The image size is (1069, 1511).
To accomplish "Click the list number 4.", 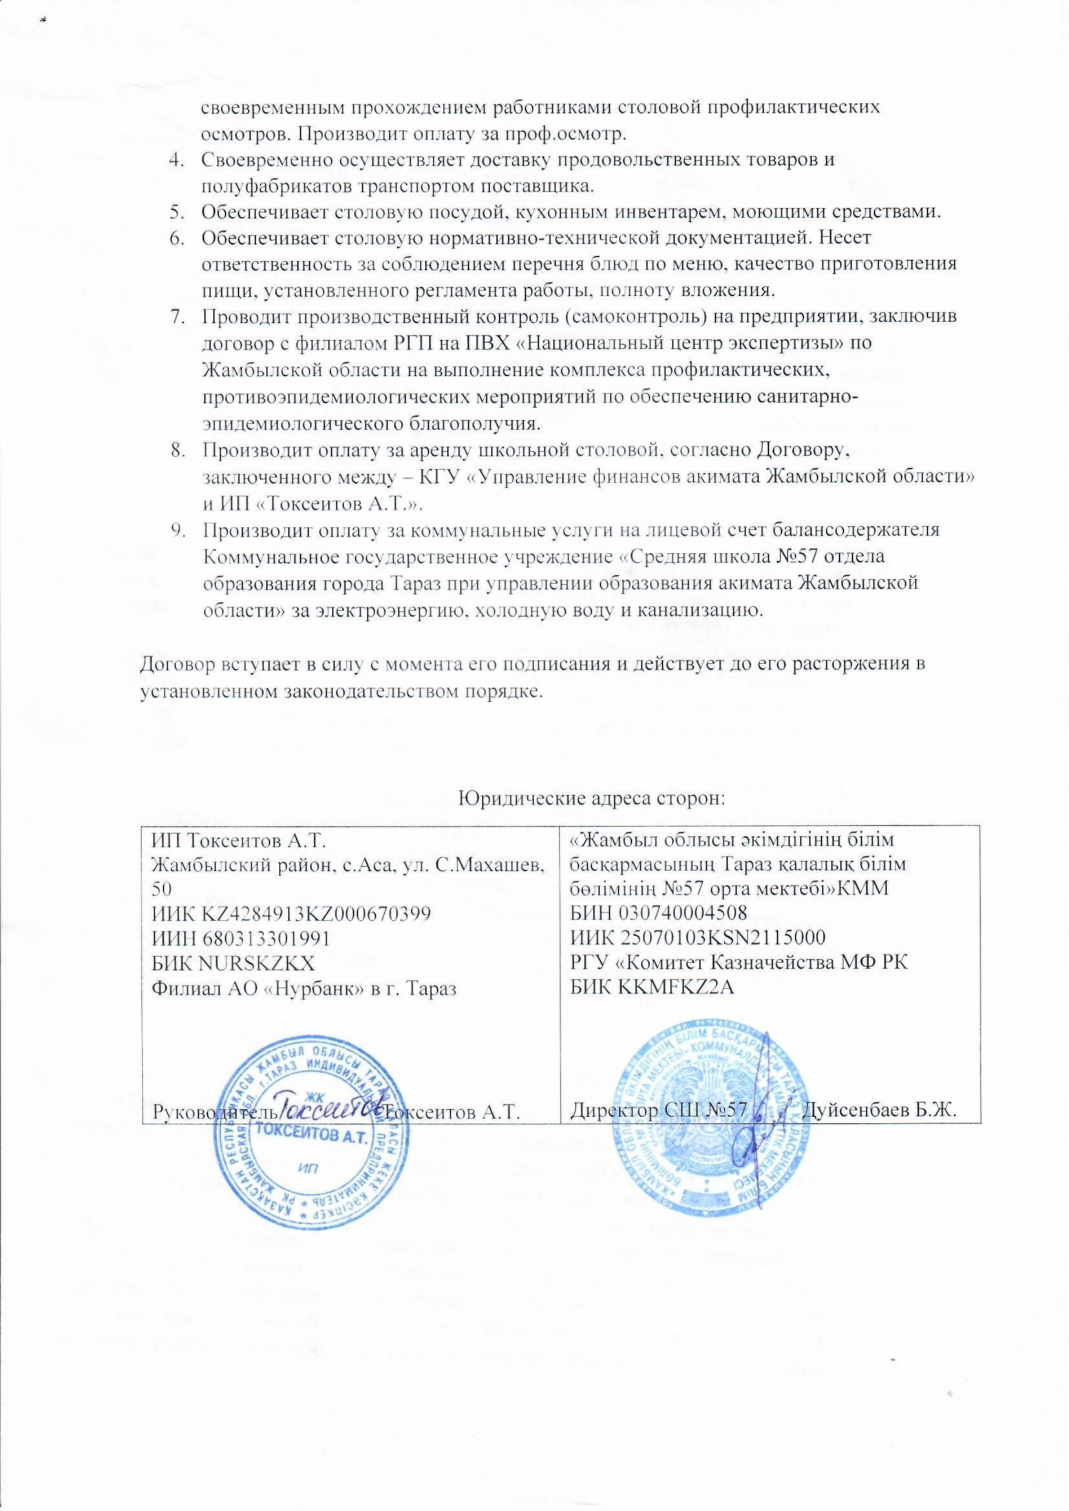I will click(x=175, y=160).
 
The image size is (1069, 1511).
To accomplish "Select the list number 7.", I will click(x=175, y=317).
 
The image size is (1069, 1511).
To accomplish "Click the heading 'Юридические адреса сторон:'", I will click(x=591, y=798).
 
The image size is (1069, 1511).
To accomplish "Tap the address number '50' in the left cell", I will click(x=162, y=889).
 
